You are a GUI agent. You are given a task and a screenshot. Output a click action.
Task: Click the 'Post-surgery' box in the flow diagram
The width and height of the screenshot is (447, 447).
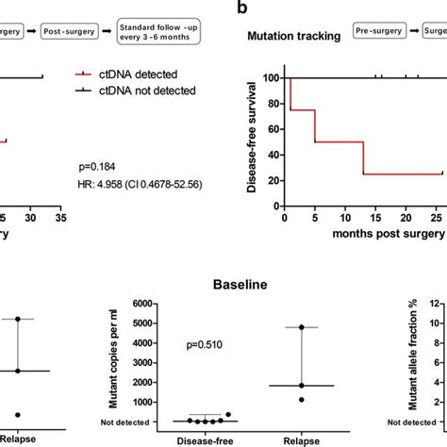(x=69, y=31)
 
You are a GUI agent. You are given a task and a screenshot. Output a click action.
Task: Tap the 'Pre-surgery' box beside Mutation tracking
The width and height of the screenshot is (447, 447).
(x=377, y=31)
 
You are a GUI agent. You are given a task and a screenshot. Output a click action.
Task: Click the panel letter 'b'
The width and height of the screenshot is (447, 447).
(x=243, y=8)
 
